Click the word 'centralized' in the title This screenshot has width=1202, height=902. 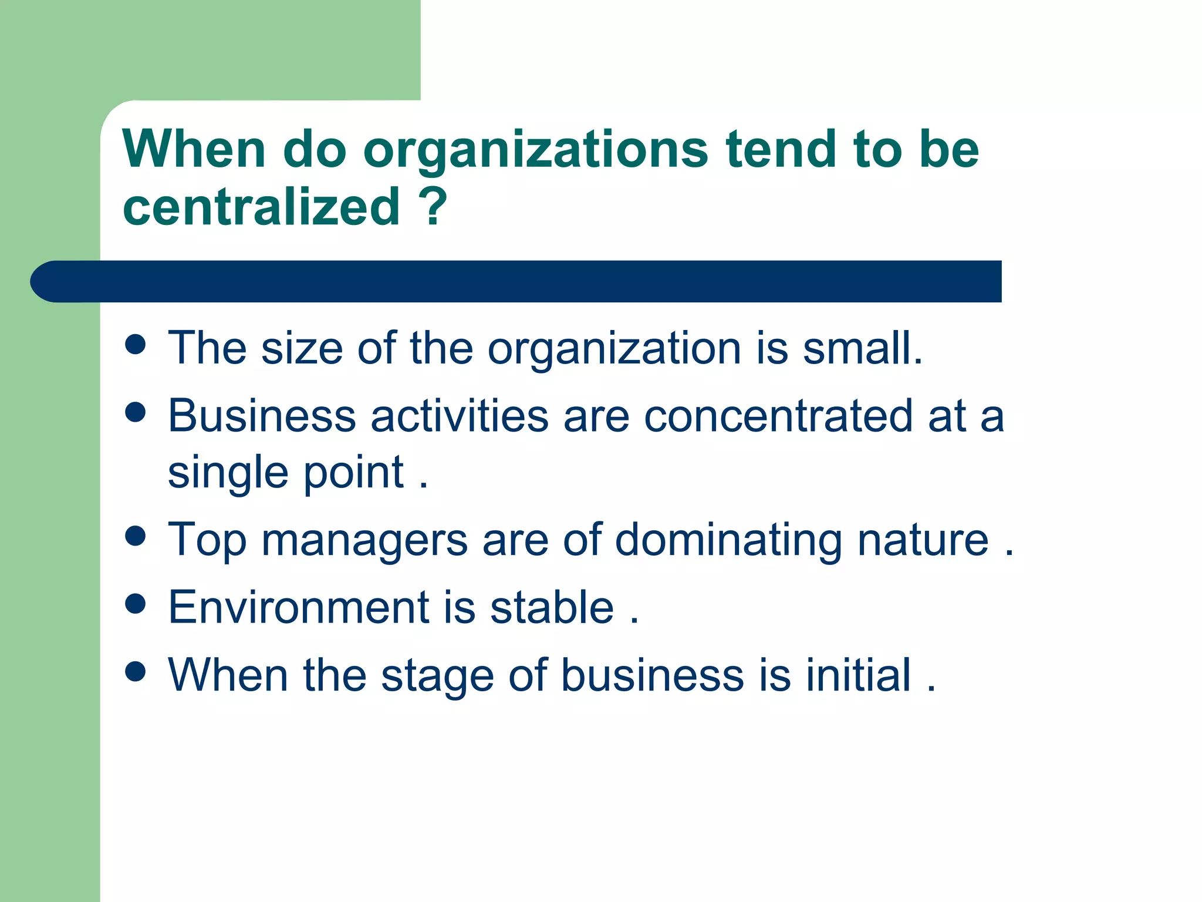click(261, 206)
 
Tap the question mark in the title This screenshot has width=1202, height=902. click(433, 206)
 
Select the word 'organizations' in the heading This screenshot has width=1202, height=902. click(536, 150)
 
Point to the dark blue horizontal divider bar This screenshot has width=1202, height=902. click(516, 281)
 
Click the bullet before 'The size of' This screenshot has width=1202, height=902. click(136, 345)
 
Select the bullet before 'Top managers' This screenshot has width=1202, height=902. click(136, 536)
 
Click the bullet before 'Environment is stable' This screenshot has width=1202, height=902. click(136, 604)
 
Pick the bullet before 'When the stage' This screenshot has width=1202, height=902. click(136, 671)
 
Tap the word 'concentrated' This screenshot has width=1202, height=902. click(778, 416)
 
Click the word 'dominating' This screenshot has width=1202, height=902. click(728, 540)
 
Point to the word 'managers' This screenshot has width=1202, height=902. click(364, 540)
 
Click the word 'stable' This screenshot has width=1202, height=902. click(552, 607)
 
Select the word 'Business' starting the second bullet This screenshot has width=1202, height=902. click(262, 416)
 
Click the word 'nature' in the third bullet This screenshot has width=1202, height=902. click(923, 540)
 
